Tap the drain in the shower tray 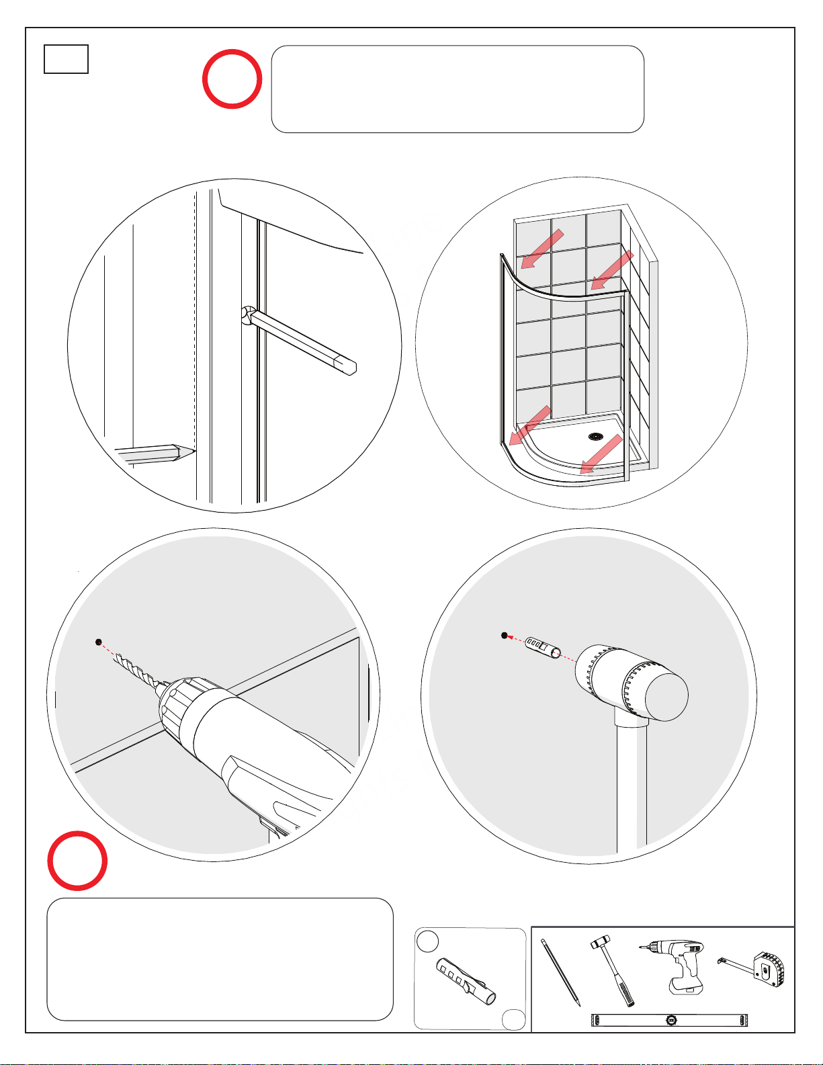pos(595,437)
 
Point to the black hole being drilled pos(99,642)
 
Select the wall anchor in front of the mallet pos(543,647)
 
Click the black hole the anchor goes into pos(505,635)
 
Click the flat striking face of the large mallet pos(666,696)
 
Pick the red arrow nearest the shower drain pos(600,455)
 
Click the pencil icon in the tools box pos(561,972)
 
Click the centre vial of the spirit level pos(671,1020)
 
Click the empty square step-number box pos(66,59)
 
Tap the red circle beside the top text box pos(232,79)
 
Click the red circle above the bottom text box pos(77,861)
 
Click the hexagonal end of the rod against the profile pos(247,314)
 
